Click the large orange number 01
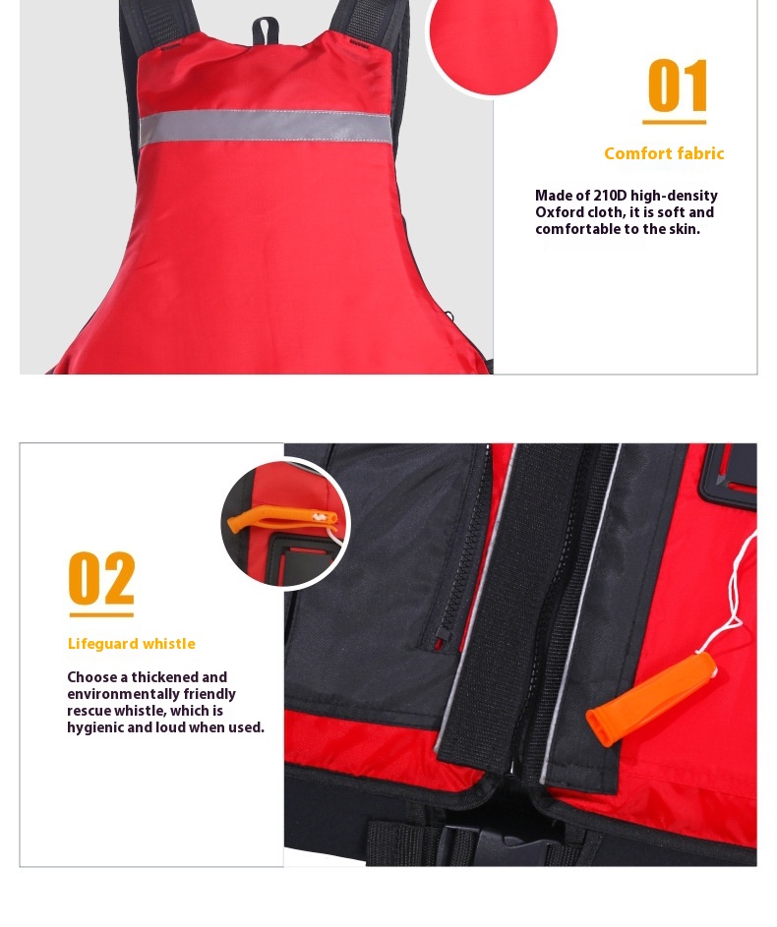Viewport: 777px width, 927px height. [677, 86]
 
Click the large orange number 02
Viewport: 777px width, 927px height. [101, 578]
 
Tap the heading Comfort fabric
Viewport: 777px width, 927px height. [664, 153]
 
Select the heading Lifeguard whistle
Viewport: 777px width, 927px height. [131, 644]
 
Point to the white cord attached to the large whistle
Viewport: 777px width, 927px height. [737, 591]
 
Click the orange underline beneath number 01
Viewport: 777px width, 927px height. [674, 122]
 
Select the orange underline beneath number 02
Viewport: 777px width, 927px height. [101, 614]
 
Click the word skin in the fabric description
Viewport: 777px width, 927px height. [685, 229]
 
